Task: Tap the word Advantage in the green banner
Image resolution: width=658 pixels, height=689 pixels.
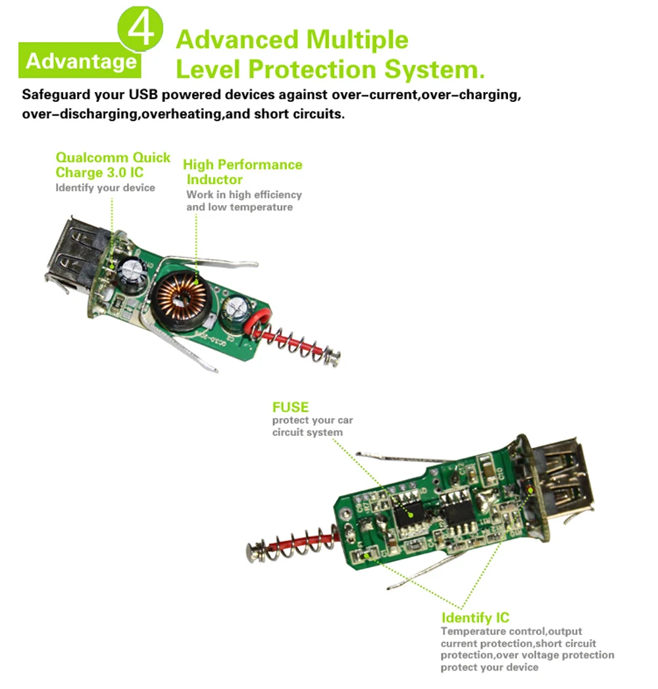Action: click(81, 61)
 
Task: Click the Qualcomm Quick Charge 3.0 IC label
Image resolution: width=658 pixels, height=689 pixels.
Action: click(113, 165)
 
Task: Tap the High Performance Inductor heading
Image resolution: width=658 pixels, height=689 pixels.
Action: click(242, 172)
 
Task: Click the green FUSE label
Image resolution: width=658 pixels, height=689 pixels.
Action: click(290, 407)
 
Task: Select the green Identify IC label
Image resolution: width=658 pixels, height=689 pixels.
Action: click(475, 617)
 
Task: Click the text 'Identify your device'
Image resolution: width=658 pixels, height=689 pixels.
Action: click(105, 188)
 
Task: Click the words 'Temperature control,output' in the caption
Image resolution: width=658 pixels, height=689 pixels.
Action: click(511, 632)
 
